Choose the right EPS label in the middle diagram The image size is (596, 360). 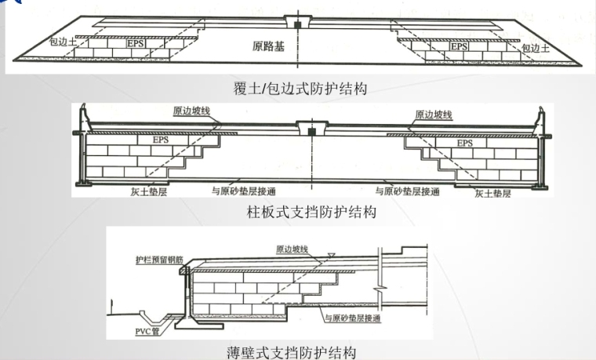pos(465,144)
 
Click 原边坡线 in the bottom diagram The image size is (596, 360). pos(294,249)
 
